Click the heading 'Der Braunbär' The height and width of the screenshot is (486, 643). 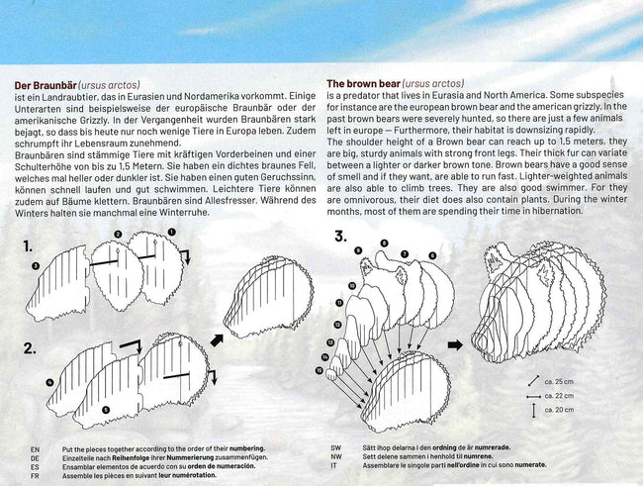click(46, 85)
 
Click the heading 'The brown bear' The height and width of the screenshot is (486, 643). click(363, 84)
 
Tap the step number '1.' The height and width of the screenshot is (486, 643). click(28, 246)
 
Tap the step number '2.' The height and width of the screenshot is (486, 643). click(30, 348)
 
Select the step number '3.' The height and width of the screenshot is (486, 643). click(341, 236)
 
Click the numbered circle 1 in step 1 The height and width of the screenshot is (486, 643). click(172, 233)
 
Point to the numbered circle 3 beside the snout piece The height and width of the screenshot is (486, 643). click(36, 266)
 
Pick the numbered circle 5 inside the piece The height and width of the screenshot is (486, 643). click(106, 409)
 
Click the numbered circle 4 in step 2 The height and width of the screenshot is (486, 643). click(49, 382)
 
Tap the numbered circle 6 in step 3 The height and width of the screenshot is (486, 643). click(432, 255)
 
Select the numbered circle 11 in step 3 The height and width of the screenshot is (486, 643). click(339, 303)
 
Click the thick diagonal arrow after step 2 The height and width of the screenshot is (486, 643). click(217, 340)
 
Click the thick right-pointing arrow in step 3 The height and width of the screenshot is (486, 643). click(455, 345)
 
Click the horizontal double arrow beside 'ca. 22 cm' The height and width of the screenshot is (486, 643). click(533, 397)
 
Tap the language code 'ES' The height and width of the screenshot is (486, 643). click(35, 467)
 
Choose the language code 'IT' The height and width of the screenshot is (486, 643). click(333, 465)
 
